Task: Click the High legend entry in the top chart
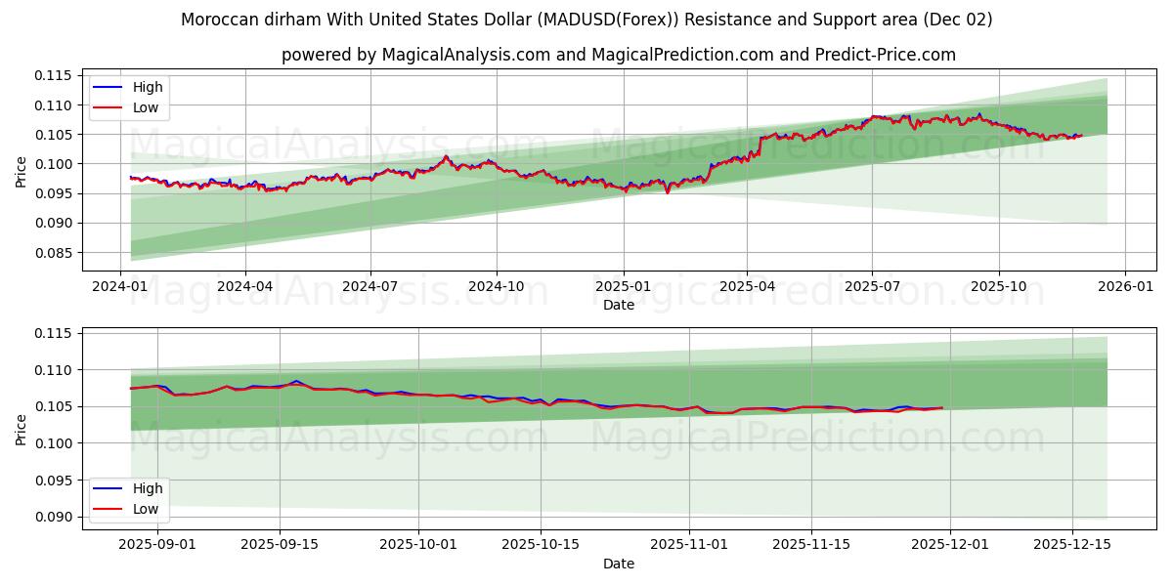148,87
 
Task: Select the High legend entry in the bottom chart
148,488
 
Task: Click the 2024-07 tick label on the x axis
369,287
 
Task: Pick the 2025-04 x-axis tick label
747,287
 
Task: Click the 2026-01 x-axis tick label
1124,287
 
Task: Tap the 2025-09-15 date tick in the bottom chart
280,545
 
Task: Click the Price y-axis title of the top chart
22,170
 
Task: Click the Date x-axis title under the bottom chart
618,564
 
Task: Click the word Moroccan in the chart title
217,20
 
